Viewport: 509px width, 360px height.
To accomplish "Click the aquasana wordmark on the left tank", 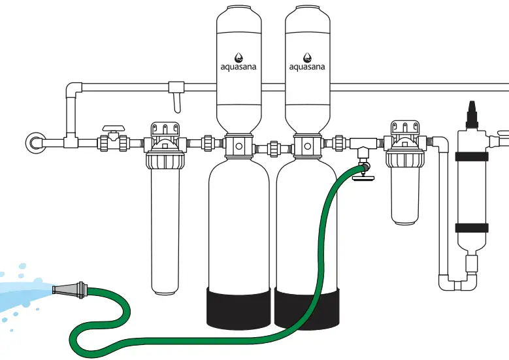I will (x=238, y=66).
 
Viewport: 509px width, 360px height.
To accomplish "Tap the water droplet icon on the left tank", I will (x=238, y=57).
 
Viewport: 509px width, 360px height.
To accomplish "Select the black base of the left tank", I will (x=238, y=308).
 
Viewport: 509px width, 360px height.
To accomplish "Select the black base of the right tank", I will (x=307, y=308).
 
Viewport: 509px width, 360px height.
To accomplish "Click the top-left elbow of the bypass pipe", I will (x=73, y=89).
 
